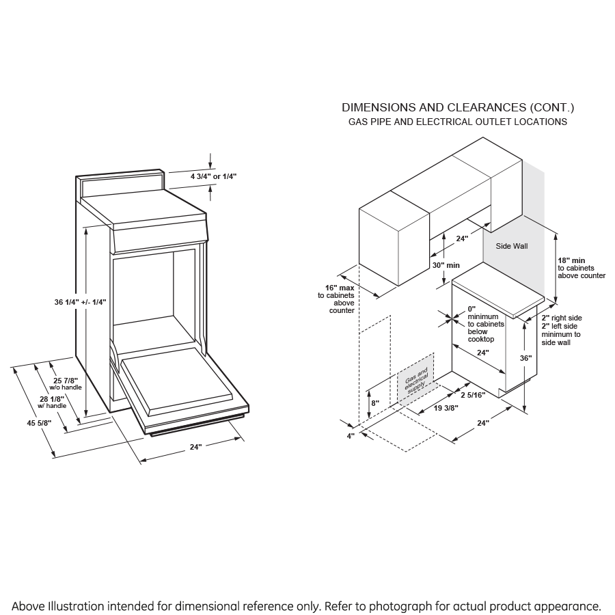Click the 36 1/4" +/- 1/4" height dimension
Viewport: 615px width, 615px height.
pyautogui.click(x=80, y=301)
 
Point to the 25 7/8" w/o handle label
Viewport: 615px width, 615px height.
pyautogui.click(x=66, y=383)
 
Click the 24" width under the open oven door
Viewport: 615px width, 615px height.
pyautogui.click(x=196, y=446)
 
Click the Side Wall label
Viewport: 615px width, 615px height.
pyautogui.click(x=512, y=246)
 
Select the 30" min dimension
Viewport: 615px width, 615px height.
pyautogui.click(x=446, y=265)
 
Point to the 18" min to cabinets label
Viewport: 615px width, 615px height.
pyautogui.click(x=580, y=268)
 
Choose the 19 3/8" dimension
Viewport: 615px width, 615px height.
pyautogui.click(x=446, y=408)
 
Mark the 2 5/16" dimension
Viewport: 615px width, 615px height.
pyautogui.click(x=472, y=395)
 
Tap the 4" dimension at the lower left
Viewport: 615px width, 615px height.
pyautogui.click(x=351, y=435)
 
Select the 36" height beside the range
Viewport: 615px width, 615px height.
pyautogui.click(x=525, y=358)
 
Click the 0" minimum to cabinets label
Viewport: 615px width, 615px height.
pyautogui.click(x=485, y=324)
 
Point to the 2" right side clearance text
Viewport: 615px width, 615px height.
pyautogui.click(x=562, y=318)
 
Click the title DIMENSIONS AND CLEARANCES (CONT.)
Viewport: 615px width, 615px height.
pyautogui.click(x=458, y=107)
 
